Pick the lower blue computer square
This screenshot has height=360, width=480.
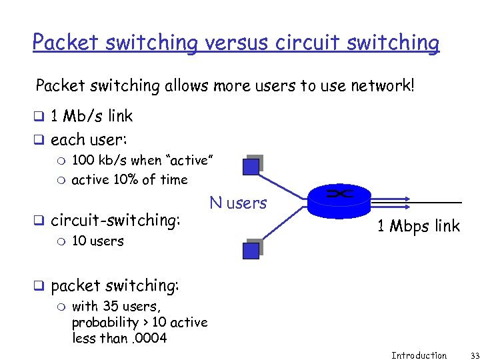[x=251, y=249]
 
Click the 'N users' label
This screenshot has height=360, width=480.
[x=238, y=203]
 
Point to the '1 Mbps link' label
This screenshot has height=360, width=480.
[x=418, y=226]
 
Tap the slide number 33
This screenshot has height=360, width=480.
[x=466, y=355]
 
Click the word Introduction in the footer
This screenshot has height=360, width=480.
[x=419, y=355]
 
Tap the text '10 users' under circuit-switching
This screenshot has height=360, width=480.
[x=97, y=241]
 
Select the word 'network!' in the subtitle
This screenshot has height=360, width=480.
[x=383, y=85]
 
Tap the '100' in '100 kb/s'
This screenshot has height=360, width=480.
[x=83, y=161]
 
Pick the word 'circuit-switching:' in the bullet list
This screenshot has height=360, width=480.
[x=115, y=220]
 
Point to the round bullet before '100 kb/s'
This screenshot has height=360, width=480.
[x=62, y=161]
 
